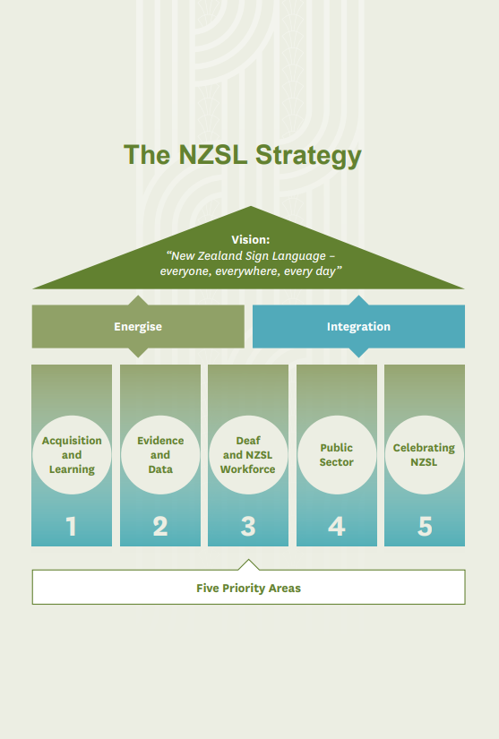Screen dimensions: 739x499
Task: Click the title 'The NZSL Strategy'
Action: point(243,155)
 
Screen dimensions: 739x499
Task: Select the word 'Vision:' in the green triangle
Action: point(250,239)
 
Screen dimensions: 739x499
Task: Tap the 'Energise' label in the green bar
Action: point(138,327)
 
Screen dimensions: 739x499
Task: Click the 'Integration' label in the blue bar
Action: point(358,327)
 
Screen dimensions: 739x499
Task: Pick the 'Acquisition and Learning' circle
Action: point(72,455)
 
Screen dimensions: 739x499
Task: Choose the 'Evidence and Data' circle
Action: point(160,455)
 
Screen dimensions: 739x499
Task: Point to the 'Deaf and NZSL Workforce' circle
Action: point(248,455)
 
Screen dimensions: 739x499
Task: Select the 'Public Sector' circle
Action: point(337,455)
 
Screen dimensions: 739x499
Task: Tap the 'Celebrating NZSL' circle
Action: point(424,455)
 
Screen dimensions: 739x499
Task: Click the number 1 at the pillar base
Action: point(72,527)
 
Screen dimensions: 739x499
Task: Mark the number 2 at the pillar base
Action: point(160,527)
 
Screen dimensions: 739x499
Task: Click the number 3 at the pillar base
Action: point(248,527)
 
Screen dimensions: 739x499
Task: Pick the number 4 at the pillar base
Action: point(337,527)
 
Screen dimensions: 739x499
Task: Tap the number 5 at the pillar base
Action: point(425,527)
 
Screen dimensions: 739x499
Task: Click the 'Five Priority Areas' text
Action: point(248,589)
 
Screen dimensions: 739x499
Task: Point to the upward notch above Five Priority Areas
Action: point(249,565)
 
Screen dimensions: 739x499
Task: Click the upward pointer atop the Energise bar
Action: point(138,300)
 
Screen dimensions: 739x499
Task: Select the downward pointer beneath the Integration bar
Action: point(358,352)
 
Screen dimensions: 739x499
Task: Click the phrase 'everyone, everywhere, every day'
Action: point(250,271)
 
